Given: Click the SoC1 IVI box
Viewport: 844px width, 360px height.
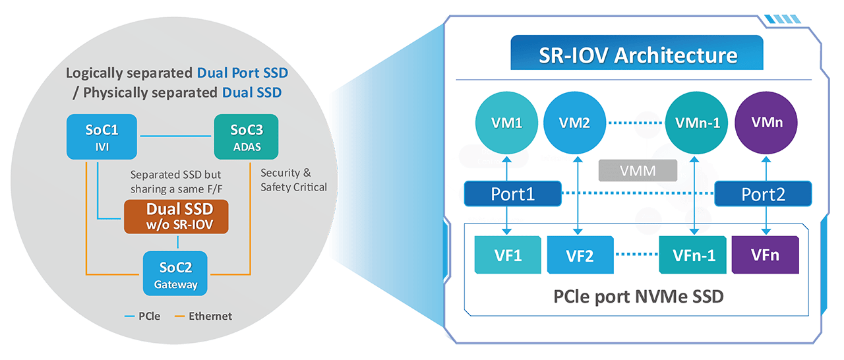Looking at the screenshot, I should pos(98,136).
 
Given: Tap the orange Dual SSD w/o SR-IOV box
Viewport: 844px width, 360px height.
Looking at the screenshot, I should pos(176,217).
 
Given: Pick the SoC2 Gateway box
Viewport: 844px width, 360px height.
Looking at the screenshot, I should pos(175,273).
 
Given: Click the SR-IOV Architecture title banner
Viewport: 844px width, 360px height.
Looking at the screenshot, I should pos(636,53).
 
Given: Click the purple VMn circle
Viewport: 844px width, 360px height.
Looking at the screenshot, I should pos(766,123).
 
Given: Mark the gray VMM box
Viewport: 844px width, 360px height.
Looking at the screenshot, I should pos(638,171).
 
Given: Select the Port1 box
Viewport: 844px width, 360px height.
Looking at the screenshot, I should pos(513,195).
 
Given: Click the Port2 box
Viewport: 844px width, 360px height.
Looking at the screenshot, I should pos(763,195).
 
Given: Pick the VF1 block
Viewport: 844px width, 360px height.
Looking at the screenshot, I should pos(508,255).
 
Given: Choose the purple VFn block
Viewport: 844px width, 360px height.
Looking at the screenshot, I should pos(765,255).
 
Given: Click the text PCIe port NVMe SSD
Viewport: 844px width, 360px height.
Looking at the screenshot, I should pos(638,296).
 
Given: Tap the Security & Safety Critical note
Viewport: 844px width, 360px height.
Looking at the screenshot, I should pos(293,180).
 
